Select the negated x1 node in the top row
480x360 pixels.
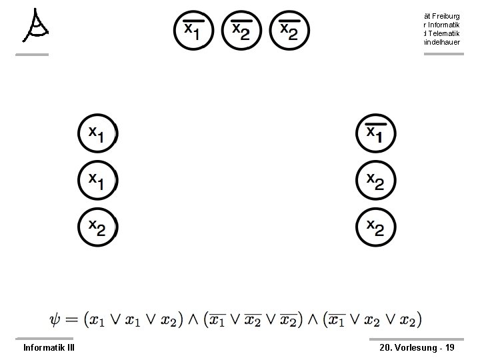[x=194, y=31]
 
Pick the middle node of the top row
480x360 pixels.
[x=243, y=31]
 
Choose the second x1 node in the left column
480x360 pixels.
[x=97, y=180]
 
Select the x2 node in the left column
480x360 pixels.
[x=97, y=228]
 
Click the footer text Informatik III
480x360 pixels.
[x=49, y=347]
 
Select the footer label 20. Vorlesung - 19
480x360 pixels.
[x=417, y=347]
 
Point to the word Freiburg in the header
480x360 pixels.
[x=441, y=15]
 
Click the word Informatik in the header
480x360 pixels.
[x=440, y=24]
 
